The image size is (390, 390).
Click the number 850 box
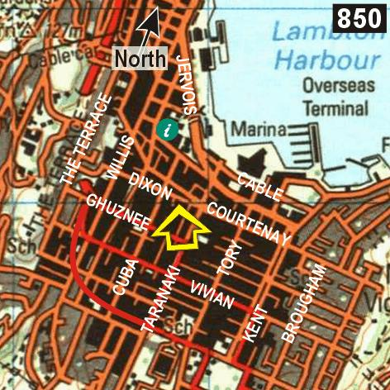359,17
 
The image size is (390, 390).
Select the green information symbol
168,129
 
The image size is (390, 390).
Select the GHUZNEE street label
117,214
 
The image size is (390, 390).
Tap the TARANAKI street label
160,298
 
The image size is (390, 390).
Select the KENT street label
257,323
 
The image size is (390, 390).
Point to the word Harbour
326,59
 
